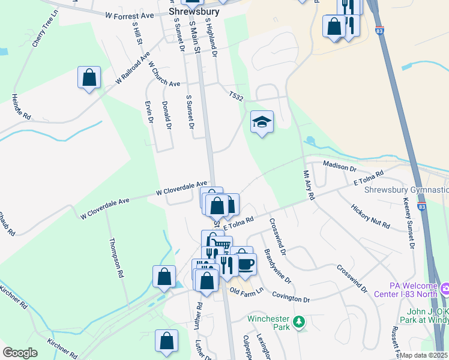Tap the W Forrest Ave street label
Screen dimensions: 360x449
tap(129, 15)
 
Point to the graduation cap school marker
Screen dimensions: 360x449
tap(262, 122)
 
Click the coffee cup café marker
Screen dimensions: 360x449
tap(246, 263)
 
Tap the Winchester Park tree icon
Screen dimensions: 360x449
tap(298, 323)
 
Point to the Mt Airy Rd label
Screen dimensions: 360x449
tap(309, 184)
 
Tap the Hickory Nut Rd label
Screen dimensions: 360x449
tap(370, 217)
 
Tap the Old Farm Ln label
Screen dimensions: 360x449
tap(247, 291)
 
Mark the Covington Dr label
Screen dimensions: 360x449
tap(291, 298)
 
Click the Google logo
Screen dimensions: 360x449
tap(20, 353)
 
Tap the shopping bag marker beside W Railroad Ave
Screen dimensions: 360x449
tap(89, 78)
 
